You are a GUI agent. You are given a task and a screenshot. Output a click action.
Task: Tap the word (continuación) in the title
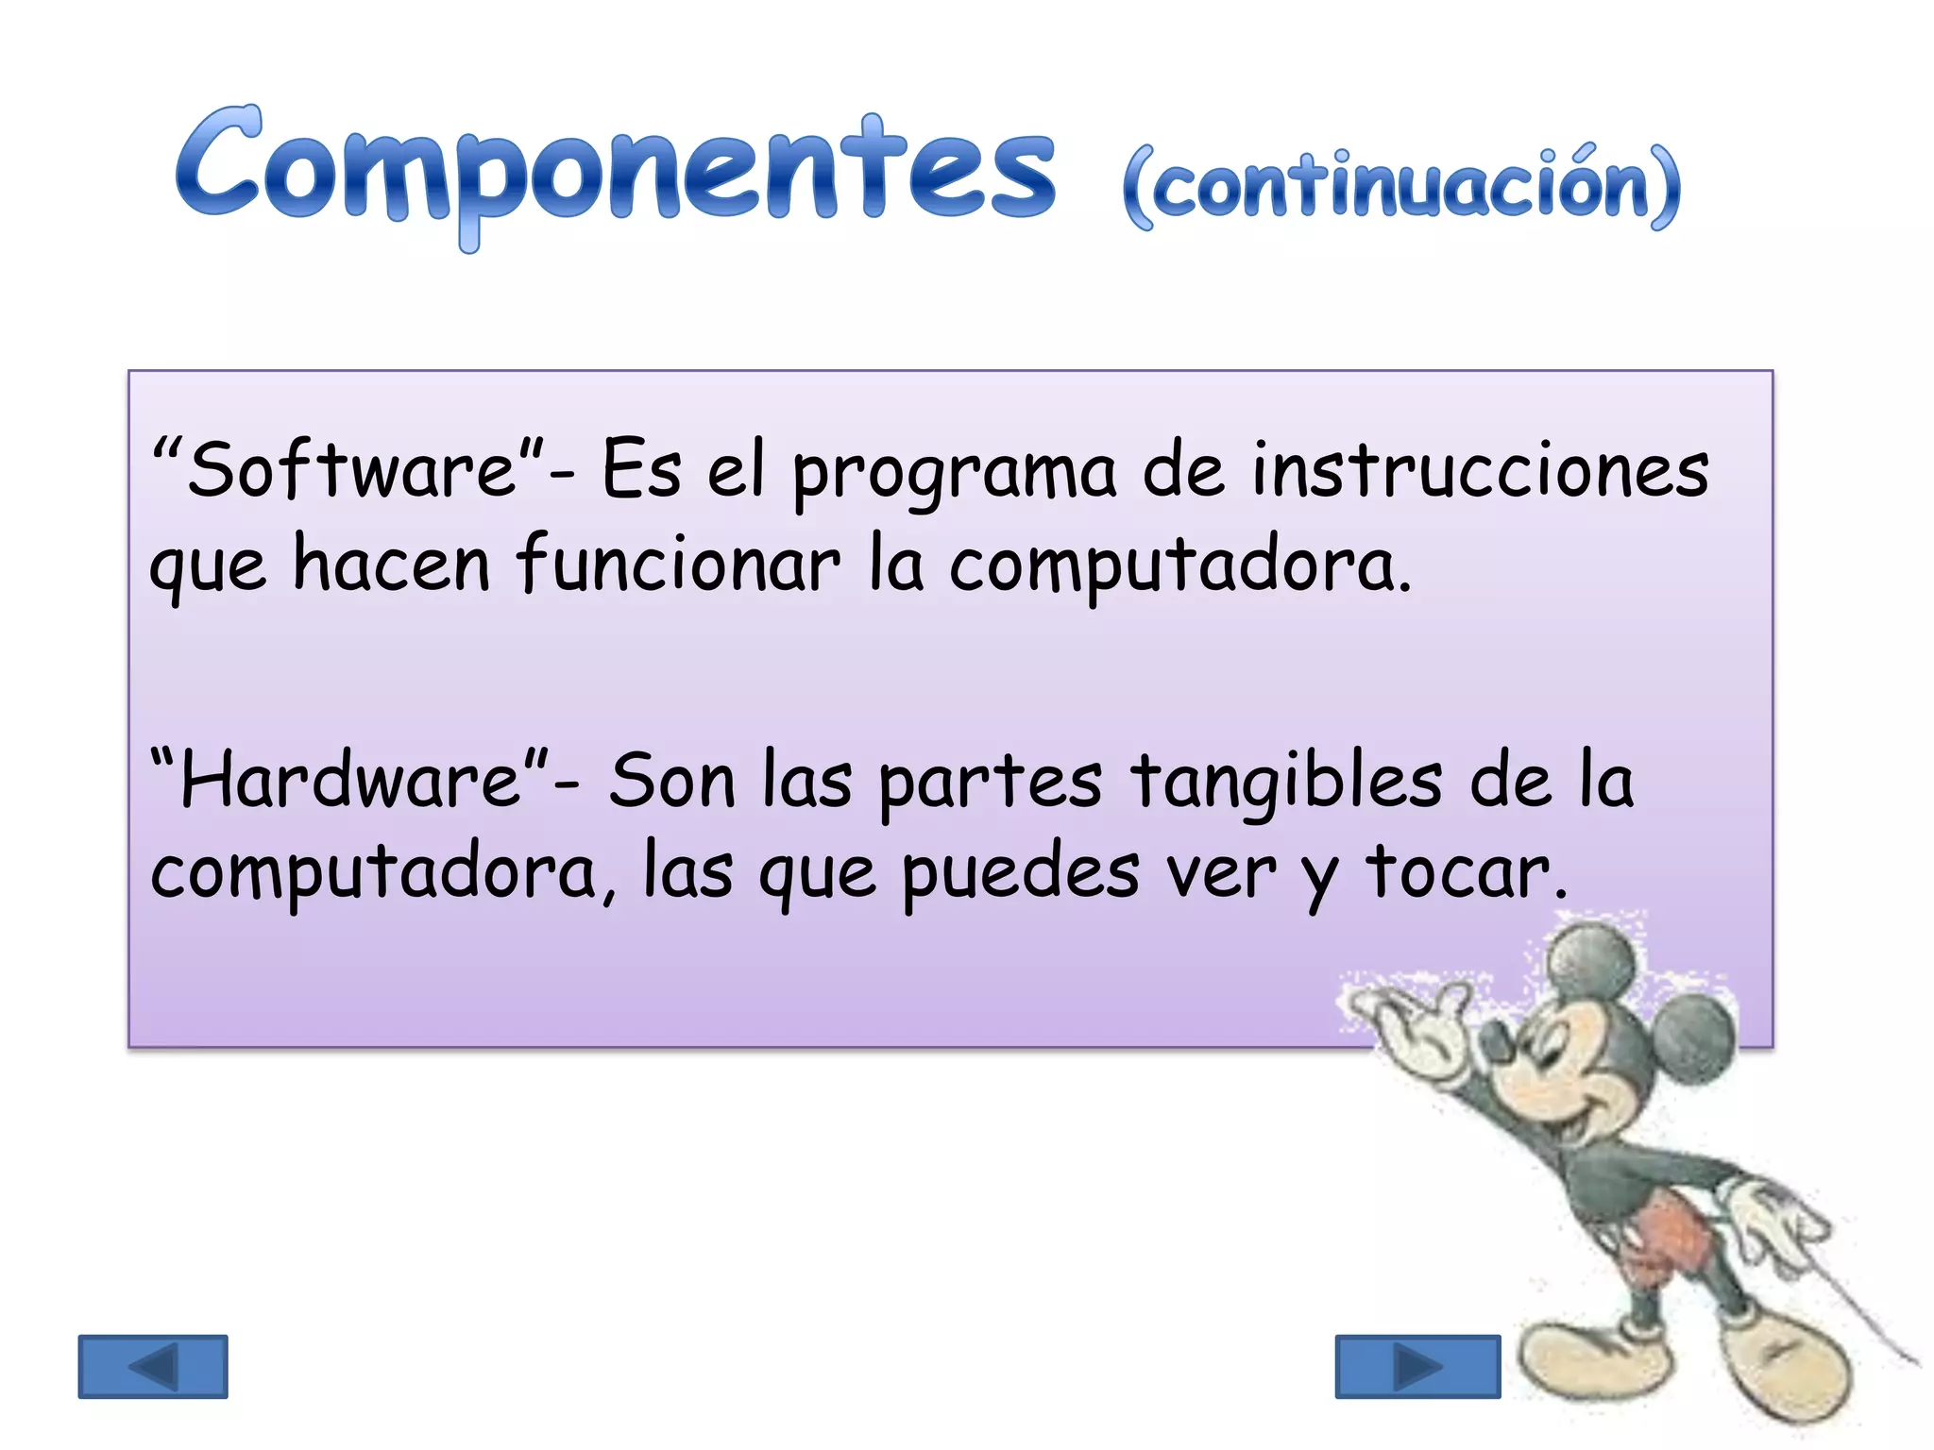coord(1402,187)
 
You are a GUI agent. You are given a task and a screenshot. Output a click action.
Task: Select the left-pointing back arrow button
coord(153,1366)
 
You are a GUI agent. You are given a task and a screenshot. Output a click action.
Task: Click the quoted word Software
coord(351,469)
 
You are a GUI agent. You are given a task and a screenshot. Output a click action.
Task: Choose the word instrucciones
coord(1480,469)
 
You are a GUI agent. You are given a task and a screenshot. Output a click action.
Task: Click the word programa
coord(954,472)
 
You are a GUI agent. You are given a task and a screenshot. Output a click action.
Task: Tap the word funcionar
coord(677,565)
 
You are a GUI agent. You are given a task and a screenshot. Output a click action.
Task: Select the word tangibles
coord(1287,782)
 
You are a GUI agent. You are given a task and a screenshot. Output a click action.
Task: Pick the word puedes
coord(1020,874)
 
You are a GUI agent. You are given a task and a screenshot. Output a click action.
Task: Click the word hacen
coord(391,565)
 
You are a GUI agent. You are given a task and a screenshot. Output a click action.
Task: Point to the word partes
coord(990,784)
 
